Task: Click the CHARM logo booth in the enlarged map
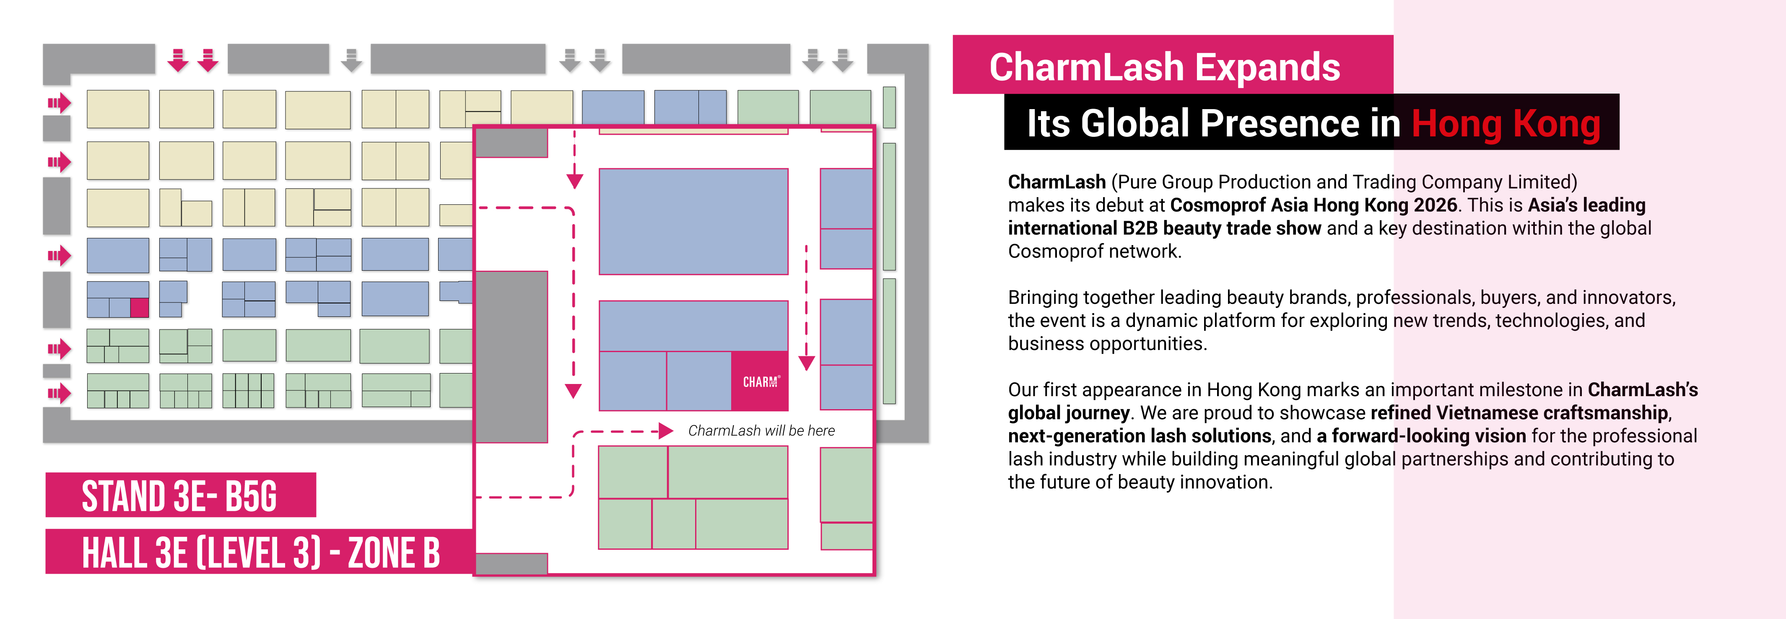pos(759,381)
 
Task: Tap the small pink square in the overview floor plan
pos(139,308)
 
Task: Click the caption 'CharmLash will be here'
pos(761,431)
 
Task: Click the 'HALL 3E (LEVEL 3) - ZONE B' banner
pos(260,552)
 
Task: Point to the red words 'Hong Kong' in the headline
pos(1506,123)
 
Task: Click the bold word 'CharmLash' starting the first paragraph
pos(1057,182)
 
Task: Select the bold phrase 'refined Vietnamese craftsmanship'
pos(1519,413)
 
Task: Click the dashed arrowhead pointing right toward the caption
pos(666,431)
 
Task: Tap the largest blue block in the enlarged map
pos(693,221)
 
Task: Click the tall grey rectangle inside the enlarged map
pos(511,357)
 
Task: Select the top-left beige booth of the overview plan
pos(118,109)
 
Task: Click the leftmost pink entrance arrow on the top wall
pos(178,60)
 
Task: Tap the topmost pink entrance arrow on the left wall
pos(60,103)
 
